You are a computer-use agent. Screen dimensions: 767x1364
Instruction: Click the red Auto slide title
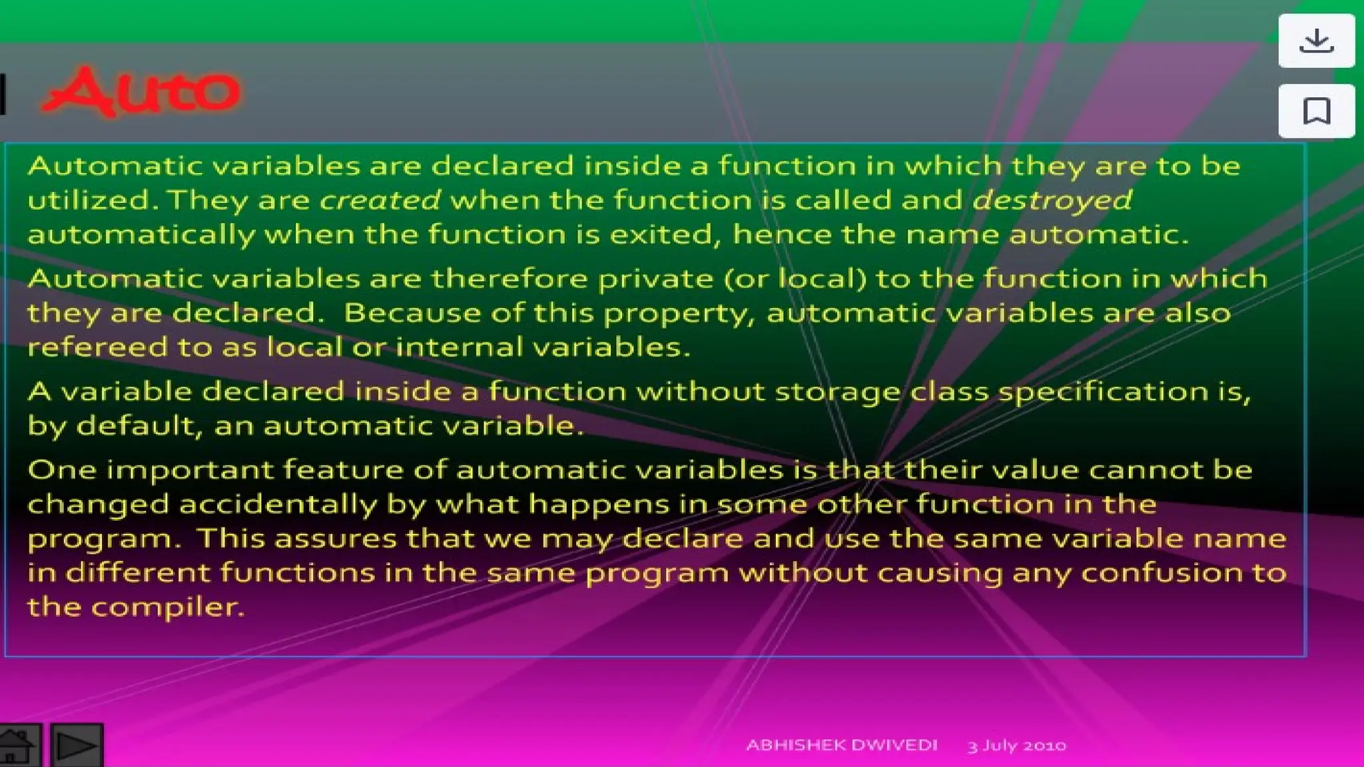pos(141,91)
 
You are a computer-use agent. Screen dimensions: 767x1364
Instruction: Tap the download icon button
pos(1316,41)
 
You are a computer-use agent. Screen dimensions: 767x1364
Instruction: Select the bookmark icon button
pos(1316,111)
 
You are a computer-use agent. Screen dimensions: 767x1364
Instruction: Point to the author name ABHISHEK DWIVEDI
pos(842,745)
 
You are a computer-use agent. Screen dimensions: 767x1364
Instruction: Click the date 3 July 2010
pos(1016,746)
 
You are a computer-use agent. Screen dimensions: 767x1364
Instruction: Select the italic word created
pos(380,200)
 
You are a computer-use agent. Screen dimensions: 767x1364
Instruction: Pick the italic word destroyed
pos(1052,200)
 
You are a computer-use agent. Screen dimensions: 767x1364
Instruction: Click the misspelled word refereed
pos(98,347)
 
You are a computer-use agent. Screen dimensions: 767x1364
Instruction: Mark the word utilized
pos(91,200)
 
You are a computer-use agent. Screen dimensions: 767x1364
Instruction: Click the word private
pos(655,279)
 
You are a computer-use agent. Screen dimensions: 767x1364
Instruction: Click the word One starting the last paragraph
pos(62,470)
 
